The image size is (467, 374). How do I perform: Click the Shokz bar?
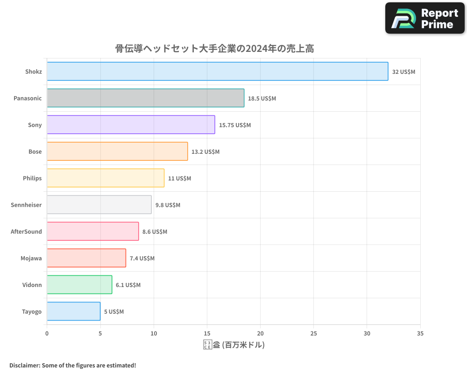217,72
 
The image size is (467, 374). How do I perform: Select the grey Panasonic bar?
145,98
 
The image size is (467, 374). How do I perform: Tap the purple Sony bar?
131,125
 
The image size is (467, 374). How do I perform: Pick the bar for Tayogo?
73,311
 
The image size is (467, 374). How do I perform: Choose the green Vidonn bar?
79,285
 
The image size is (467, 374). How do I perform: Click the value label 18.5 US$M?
262,99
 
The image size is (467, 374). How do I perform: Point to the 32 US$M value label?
403,72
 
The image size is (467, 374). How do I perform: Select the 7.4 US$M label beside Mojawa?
142,259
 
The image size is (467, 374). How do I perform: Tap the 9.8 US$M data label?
168,205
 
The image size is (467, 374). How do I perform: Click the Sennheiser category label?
26,205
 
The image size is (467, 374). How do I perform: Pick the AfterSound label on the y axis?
26,231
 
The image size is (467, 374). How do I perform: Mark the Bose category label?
35,151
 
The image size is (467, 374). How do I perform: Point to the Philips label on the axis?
32,178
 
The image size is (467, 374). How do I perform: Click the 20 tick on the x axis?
260,334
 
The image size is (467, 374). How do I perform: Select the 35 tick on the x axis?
420,334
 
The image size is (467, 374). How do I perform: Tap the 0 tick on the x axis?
47,334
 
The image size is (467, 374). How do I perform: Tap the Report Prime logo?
425,18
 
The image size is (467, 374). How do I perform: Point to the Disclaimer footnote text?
72,365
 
